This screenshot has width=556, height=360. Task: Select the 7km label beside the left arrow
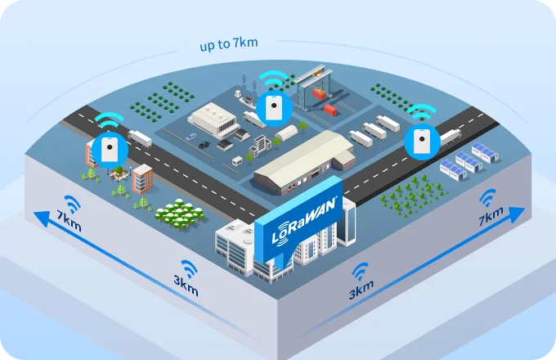tap(69, 222)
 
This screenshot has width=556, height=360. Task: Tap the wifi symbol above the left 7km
tap(73, 202)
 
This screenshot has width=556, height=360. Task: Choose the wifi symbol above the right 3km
tap(360, 271)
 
